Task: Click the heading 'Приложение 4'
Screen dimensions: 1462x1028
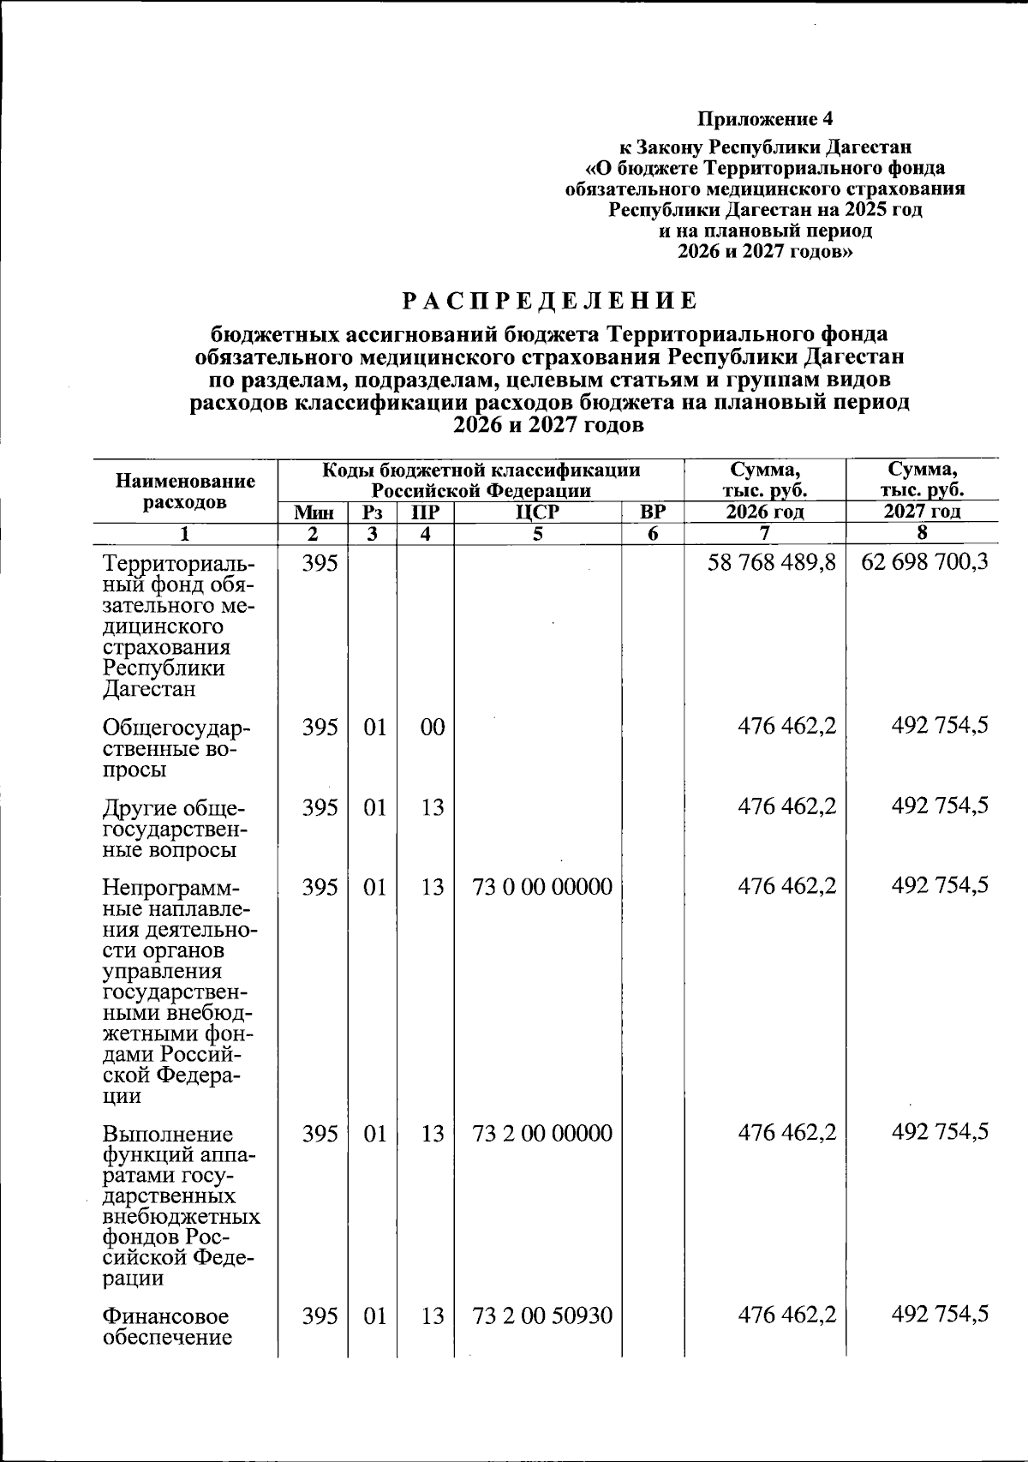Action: [x=765, y=117]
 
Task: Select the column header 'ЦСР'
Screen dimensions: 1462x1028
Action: [x=537, y=512]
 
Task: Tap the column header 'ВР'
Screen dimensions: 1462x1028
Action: [x=653, y=512]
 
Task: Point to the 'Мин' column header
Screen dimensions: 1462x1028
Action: [x=313, y=512]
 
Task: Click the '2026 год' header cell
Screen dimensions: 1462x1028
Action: [x=765, y=512]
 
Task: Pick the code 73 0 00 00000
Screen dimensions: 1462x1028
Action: [x=542, y=887]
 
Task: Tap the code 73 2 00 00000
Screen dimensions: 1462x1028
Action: [x=542, y=1134]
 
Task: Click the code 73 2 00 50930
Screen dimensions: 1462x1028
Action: [x=542, y=1315]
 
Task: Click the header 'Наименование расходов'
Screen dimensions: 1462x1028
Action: [x=185, y=492]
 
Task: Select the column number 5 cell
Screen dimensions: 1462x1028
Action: [x=537, y=534]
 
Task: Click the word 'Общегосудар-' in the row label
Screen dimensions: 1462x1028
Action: [x=176, y=729]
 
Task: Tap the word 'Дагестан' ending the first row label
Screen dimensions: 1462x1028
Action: [x=149, y=689]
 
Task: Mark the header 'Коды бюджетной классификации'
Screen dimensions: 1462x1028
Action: [x=481, y=470]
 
